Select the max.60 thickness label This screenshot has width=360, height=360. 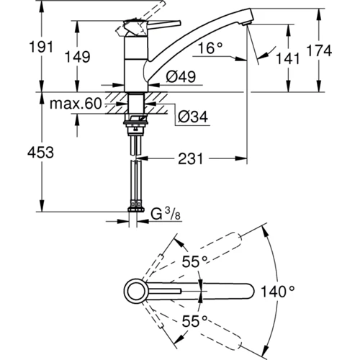[76, 104]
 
